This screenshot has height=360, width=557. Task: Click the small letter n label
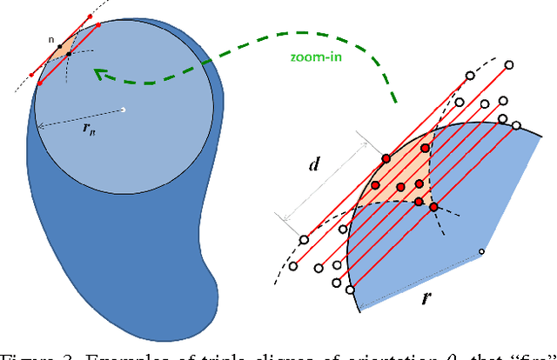(x=51, y=39)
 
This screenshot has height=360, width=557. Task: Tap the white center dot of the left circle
(x=124, y=110)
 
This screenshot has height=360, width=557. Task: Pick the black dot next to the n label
(x=59, y=45)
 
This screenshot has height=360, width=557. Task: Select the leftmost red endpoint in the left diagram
(x=34, y=76)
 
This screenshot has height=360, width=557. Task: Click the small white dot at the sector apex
(x=481, y=252)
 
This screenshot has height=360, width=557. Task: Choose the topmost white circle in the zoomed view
(x=508, y=64)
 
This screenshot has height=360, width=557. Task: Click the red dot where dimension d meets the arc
(x=386, y=158)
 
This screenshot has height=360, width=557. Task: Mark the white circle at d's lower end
(x=305, y=239)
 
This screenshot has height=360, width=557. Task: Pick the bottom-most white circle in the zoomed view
(x=351, y=290)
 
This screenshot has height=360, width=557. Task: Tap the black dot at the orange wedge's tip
(x=70, y=54)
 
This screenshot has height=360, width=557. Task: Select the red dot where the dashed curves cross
(x=433, y=207)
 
